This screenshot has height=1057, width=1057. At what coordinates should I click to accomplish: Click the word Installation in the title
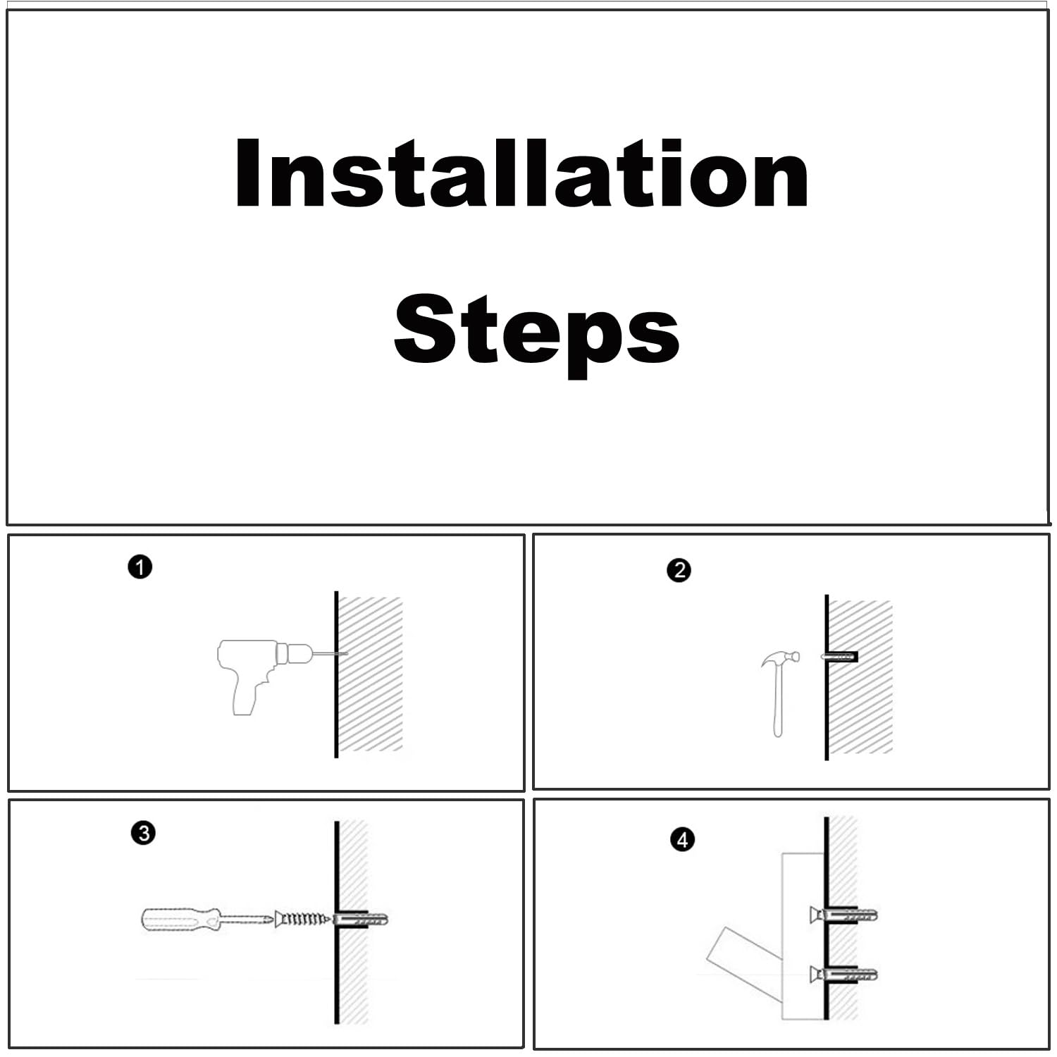(521, 173)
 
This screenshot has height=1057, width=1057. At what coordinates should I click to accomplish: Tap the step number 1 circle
(140, 567)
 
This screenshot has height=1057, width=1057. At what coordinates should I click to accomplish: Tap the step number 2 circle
(679, 570)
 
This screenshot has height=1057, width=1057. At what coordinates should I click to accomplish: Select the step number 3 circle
(143, 833)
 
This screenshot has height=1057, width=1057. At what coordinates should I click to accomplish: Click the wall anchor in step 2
(839, 657)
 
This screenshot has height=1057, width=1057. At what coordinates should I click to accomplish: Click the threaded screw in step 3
(304, 919)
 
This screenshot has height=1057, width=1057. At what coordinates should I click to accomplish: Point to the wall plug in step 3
(360, 919)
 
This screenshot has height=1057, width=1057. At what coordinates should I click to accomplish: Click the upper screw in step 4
(843, 915)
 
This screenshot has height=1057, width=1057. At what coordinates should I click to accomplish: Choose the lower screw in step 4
(843, 975)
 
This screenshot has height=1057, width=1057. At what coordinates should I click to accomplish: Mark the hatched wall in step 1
(371, 674)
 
